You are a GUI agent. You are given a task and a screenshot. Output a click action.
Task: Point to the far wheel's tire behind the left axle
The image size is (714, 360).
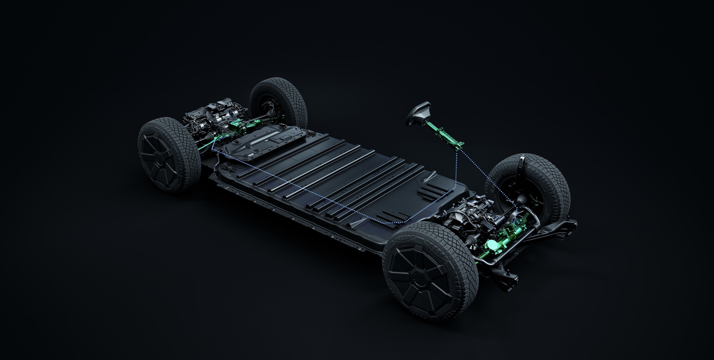point(277,100)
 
